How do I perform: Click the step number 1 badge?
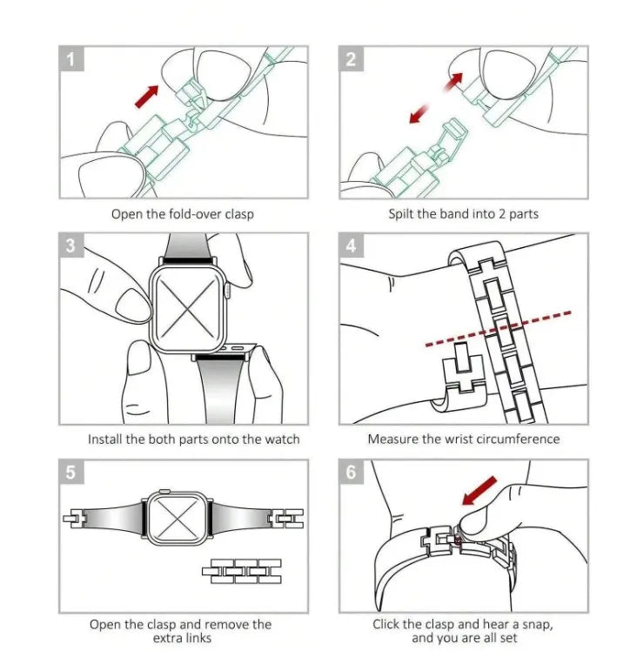[x=71, y=58]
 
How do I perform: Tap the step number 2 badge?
[x=351, y=58]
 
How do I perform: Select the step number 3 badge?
[x=71, y=245]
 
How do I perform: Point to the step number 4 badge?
[x=351, y=245]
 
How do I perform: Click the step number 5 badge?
[x=71, y=472]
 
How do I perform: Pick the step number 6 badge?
[x=351, y=472]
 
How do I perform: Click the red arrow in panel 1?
[x=147, y=97]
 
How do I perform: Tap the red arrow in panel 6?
[x=479, y=490]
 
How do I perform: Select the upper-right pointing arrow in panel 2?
[x=453, y=82]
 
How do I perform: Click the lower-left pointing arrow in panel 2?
[x=419, y=114]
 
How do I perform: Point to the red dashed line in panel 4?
[x=499, y=328]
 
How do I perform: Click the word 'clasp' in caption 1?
[x=239, y=215]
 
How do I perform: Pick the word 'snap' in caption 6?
[x=538, y=625]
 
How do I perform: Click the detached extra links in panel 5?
[x=242, y=571]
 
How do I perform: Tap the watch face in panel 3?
[x=189, y=308]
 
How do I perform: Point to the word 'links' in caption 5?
[x=198, y=638]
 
